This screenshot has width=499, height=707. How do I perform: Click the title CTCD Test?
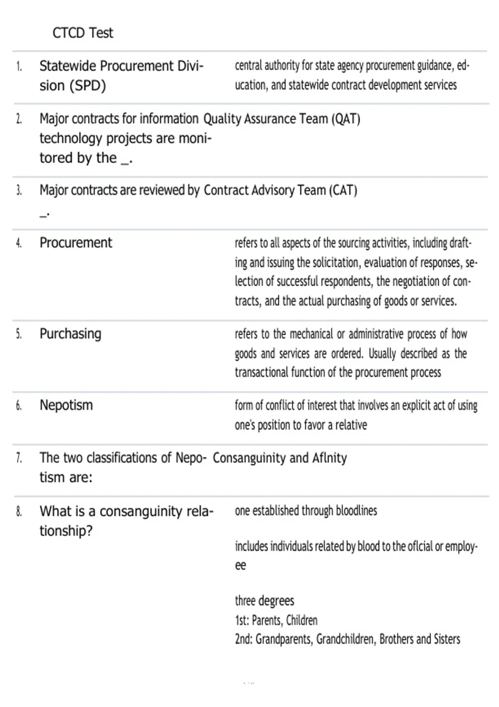click(82, 33)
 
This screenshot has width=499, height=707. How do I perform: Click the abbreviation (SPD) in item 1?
click(88, 86)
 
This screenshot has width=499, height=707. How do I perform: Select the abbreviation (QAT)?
click(346, 119)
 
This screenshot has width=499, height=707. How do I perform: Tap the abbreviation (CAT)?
click(343, 190)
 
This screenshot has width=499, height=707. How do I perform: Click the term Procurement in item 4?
click(76, 243)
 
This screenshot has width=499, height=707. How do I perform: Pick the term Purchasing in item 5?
click(70, 334)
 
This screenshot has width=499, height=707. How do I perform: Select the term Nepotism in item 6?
click(66, 405)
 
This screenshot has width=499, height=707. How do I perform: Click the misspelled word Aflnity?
click(329, 458)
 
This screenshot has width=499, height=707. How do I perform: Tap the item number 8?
click(19, 512)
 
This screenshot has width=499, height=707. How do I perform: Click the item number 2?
click(19, 119)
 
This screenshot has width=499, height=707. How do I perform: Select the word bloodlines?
click(356, 511)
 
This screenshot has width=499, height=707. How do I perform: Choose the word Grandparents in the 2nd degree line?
click(284, 639)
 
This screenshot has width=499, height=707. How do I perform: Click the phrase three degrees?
click(264, 601)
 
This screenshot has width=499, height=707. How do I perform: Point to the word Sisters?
click(447, 639)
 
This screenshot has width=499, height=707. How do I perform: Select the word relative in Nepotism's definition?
click(351, 425)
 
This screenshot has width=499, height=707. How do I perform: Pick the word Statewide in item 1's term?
click(67, 66)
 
